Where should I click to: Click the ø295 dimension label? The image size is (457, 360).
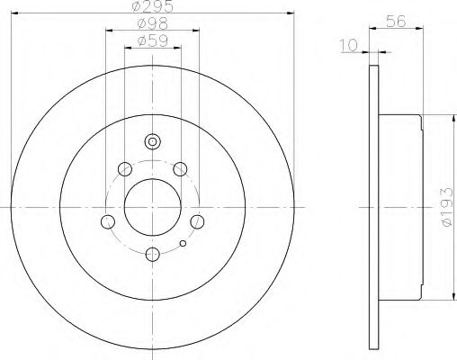pyautogui.click(x=153, y=6)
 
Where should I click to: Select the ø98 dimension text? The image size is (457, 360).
pyautogui.click(x=152, y=24)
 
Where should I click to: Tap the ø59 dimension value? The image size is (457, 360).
pyautogui.click(x=152, y=41)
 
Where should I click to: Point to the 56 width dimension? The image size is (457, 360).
pyautogui.click(x=396, y=22)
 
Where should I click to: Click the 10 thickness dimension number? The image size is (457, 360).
pyautogui.click(x=349, y=45)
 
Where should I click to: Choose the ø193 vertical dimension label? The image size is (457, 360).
pyautogui.click(x=446, y=207)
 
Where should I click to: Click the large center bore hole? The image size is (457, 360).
pyautogui.click(x=153, y=207)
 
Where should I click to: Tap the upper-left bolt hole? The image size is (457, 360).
pyautogui.click(x=125, y=169)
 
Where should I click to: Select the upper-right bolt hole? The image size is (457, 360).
pyautogui.click(x=180, y=169)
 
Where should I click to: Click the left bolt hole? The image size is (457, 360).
pyautogui.click(x=108, y=221)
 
